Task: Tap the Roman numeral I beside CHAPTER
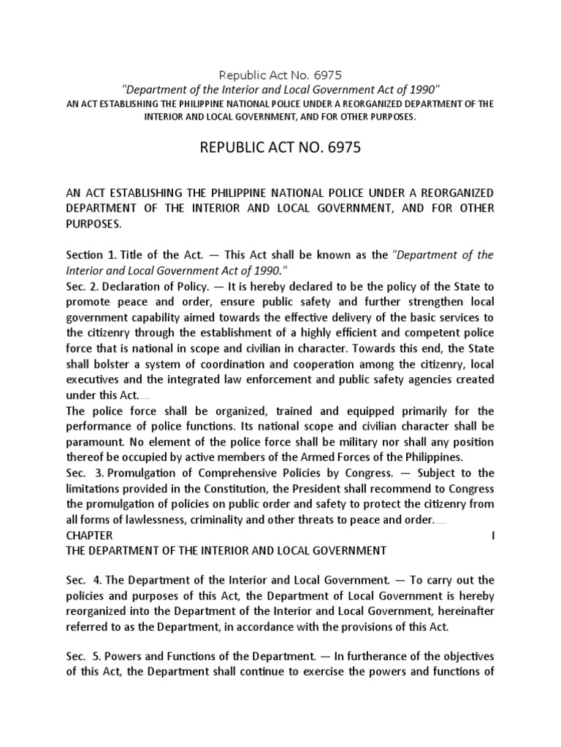pos(493,536)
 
